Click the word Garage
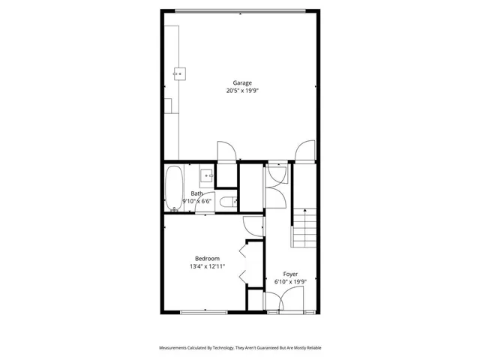point(241,82)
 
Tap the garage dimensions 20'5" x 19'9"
point(241,91)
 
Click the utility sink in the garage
point(180,73)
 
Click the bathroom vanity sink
point(208,176)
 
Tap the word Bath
point(196,193)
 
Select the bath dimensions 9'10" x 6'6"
point(196,201)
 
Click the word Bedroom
point(207,258)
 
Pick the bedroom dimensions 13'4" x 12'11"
point(207,266)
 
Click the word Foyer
point(290,274)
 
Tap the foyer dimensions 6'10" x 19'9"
point(290,282)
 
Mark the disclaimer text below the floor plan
point(240,348)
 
